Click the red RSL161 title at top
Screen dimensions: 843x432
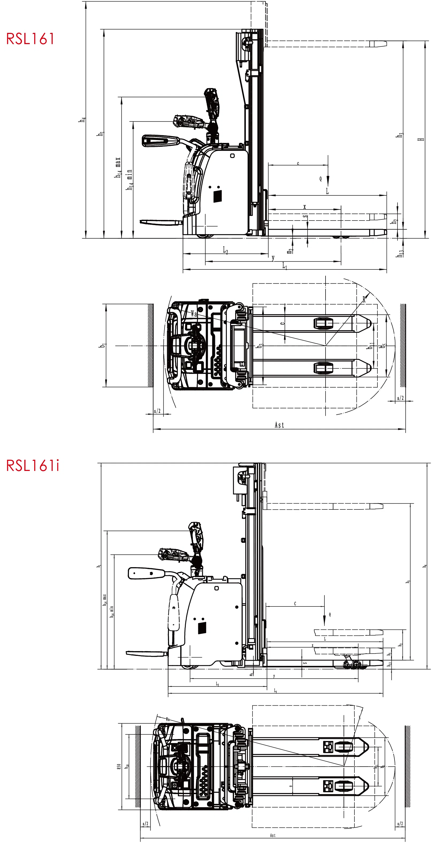point(30,38)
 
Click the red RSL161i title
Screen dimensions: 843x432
point(32,465)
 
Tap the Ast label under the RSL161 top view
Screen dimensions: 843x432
point(279,425)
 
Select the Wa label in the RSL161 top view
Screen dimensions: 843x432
point(194,314)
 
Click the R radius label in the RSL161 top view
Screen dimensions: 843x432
point(364,299)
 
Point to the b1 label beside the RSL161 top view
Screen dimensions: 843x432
point(102,345)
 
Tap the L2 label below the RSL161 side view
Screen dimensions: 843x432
point(225,250)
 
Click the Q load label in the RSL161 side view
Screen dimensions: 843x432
point(321,179)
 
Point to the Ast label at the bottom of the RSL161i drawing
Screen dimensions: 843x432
point(273,836)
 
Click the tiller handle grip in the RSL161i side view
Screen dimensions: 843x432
point(146,573)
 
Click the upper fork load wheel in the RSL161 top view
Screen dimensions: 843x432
point(324,323)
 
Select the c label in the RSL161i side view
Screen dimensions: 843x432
point(295,603)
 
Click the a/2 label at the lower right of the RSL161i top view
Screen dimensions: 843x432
point(400,824)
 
